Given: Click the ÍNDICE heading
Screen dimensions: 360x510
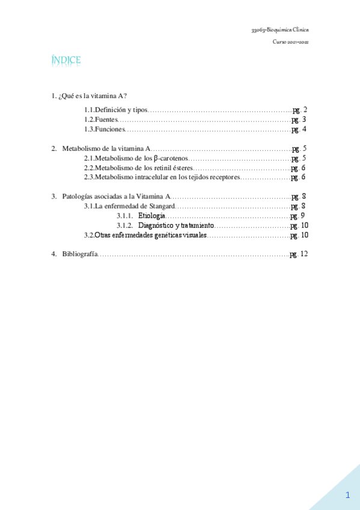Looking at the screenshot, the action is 66,61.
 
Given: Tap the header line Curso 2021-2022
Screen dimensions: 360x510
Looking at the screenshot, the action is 291,42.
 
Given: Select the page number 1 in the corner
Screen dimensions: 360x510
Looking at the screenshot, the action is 347,494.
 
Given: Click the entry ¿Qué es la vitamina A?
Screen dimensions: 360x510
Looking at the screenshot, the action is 93,96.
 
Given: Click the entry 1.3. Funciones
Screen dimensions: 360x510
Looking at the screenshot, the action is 105,129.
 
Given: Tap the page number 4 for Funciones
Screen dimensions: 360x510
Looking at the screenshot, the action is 305,129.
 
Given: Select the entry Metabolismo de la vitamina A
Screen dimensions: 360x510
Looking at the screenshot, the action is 106,149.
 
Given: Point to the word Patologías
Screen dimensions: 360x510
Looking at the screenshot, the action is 77,197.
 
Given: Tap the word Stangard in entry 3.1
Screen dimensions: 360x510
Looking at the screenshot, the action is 161,206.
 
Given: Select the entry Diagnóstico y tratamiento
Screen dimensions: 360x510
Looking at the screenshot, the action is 175,226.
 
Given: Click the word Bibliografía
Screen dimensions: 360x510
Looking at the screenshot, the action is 79,254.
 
